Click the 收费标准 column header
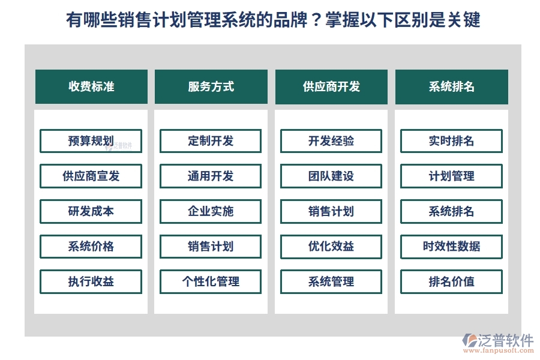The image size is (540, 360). click(x=91, y=86)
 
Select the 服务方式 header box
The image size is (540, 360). click(x=211, y=86)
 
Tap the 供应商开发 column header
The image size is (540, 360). click(x=331, y=86)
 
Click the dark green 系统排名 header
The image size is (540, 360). click(x=451, y=86)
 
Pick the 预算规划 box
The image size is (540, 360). click(x=91, y=141)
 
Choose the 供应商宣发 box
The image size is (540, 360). click(x=91, y=176)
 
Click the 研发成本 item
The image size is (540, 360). click(x=91, y=211)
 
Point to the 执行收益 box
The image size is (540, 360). click(x=91, y=281)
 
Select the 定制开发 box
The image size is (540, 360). click(x=211, y=141)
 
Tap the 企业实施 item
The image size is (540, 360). click(x=211, y=211)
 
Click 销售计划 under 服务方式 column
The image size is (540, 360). click(x=211, y=246)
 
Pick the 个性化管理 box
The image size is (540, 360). click(x=211, y=281)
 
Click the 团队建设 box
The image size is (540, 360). click(x=331, y=176)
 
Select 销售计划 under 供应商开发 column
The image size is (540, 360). click(x=331, y=211)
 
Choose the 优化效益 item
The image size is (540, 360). click(x=331, y=246)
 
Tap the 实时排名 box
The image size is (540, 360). click(x=451, y=141)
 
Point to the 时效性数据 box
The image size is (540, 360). click(x=451, y=246)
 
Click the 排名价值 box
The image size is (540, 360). click(x=451, y=281)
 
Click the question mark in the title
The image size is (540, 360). click(x=312, y=20)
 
